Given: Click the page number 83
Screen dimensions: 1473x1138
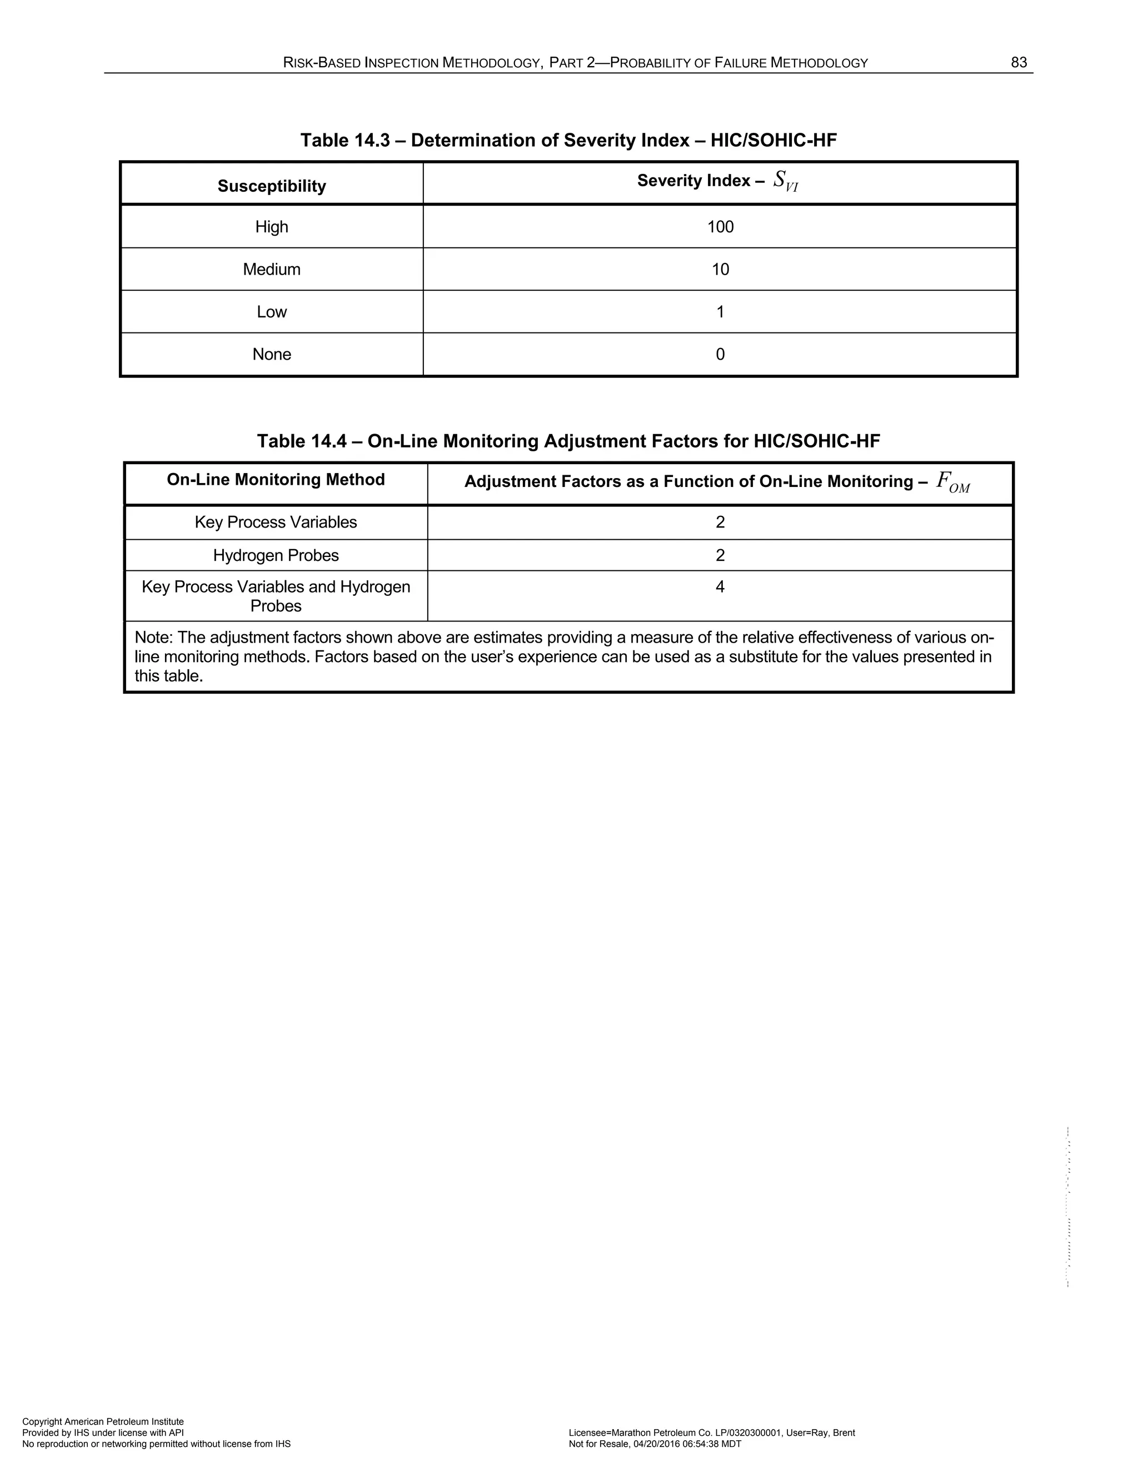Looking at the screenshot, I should point(1018,63).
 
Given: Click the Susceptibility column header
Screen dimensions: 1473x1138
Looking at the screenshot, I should point(272,186).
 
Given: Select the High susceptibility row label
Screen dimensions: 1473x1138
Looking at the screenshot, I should point(272,227).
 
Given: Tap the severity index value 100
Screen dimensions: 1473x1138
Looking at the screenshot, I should point(720,227).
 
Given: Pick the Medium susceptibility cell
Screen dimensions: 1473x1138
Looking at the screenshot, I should point(272,269).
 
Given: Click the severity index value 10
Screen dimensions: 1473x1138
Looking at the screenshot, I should point(720,269).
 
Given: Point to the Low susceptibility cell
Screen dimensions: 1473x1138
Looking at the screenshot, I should point(272,312).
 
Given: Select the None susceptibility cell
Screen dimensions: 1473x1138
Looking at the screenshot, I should point(272,354).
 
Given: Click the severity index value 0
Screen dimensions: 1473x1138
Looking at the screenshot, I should point(720,354).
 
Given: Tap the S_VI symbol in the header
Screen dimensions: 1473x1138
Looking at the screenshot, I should point(785,181).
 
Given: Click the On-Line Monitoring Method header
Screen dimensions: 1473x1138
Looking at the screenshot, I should point(276,480).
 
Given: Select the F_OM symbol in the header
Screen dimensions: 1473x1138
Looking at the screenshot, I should point(952,482).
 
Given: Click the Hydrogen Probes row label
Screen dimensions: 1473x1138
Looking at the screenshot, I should point(276,555).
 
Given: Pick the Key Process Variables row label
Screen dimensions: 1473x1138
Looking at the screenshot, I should point(276,522).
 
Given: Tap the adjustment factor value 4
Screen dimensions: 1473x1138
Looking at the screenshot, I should point(720,587).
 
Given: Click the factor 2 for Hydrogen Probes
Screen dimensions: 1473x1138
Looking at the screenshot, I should point(720,555).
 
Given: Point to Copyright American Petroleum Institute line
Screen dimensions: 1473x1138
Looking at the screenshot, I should point(103,1421).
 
